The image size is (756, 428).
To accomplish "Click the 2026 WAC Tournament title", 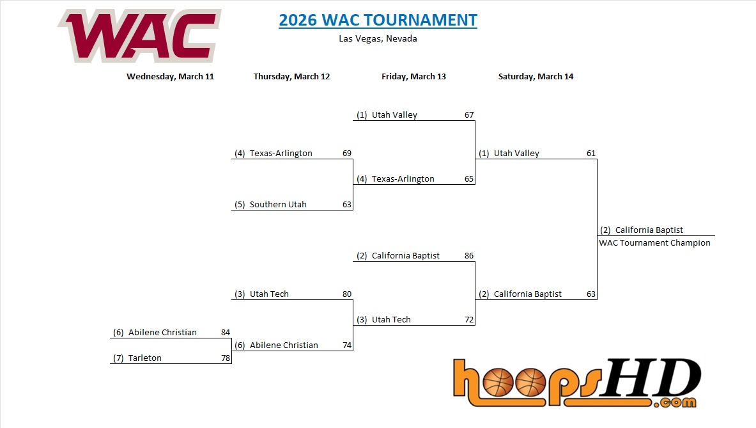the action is [x=378, y=20].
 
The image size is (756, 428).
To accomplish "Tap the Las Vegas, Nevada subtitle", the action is [x=378, y=38].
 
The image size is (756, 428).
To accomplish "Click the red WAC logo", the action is [x=140, y=36].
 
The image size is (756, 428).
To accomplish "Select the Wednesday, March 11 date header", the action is [x=170, y=76].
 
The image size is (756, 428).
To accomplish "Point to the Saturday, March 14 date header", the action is [x=536, y=76].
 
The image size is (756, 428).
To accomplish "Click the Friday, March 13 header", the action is [x=413, y=76].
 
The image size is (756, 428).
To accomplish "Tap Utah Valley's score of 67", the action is [x=469, y=115].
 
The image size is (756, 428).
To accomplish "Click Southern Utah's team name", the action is [x=278, y=204].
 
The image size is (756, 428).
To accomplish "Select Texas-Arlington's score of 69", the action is [x=347, y=153].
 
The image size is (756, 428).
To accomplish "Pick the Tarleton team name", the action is [x=144, y=358].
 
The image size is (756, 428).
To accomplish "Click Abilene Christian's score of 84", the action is [x=226, y=332].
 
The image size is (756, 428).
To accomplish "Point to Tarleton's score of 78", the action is [x=226, y=358].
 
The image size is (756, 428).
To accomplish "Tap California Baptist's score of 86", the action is [x=469, y=255].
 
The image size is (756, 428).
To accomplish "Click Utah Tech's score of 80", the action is [x=347, y=294].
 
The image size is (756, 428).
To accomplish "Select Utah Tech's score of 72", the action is [x=469, y=319].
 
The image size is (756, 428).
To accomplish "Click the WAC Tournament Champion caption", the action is [x=655, y=242].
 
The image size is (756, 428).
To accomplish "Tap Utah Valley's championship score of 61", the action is [x=591, y=153].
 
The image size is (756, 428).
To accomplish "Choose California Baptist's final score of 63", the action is [x=591, y=294].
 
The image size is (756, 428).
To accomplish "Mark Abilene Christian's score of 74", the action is [x=347, y=345].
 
